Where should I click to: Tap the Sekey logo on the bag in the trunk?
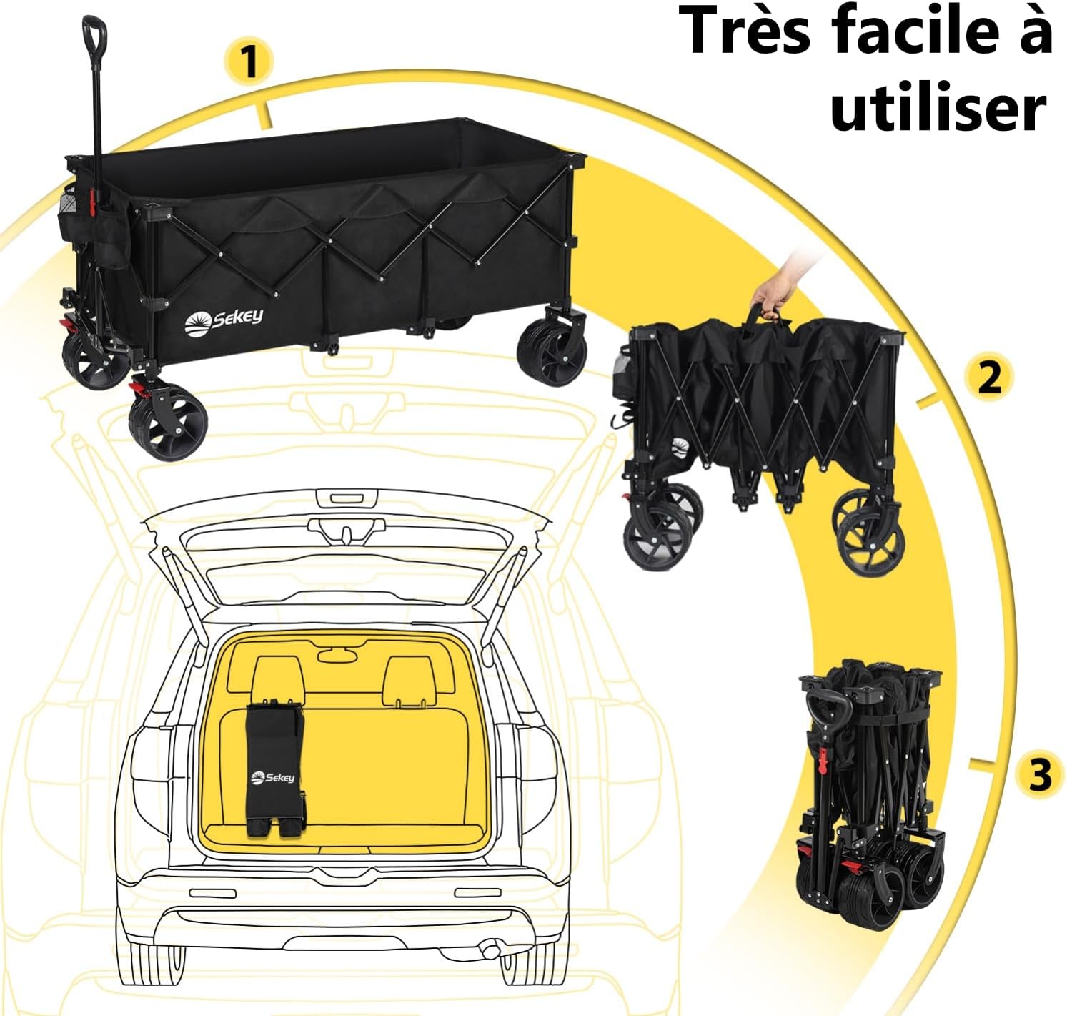[273, 776]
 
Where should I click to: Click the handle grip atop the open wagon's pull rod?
[94, 32]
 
